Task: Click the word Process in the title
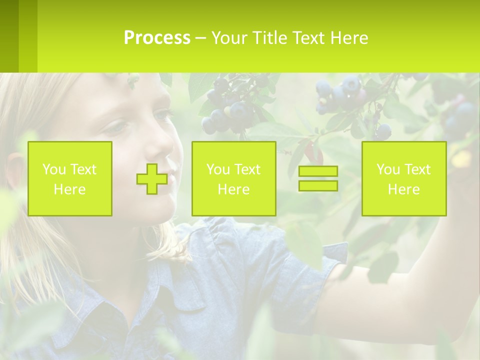tap(157, 38)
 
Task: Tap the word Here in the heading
tap(348, 38)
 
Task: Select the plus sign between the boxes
tap(152, 178)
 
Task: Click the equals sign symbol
tap(318, 178)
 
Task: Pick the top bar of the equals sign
tap(318, 171)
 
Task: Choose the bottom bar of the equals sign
tap(318, 185)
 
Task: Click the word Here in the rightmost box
tap(404, 189)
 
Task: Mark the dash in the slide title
tap(200, 38)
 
